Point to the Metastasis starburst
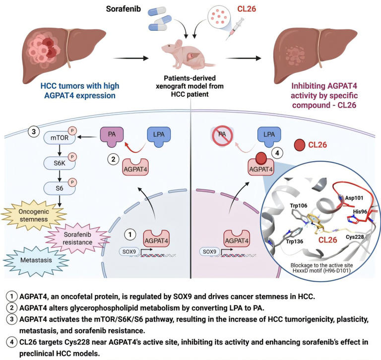[33, 261]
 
